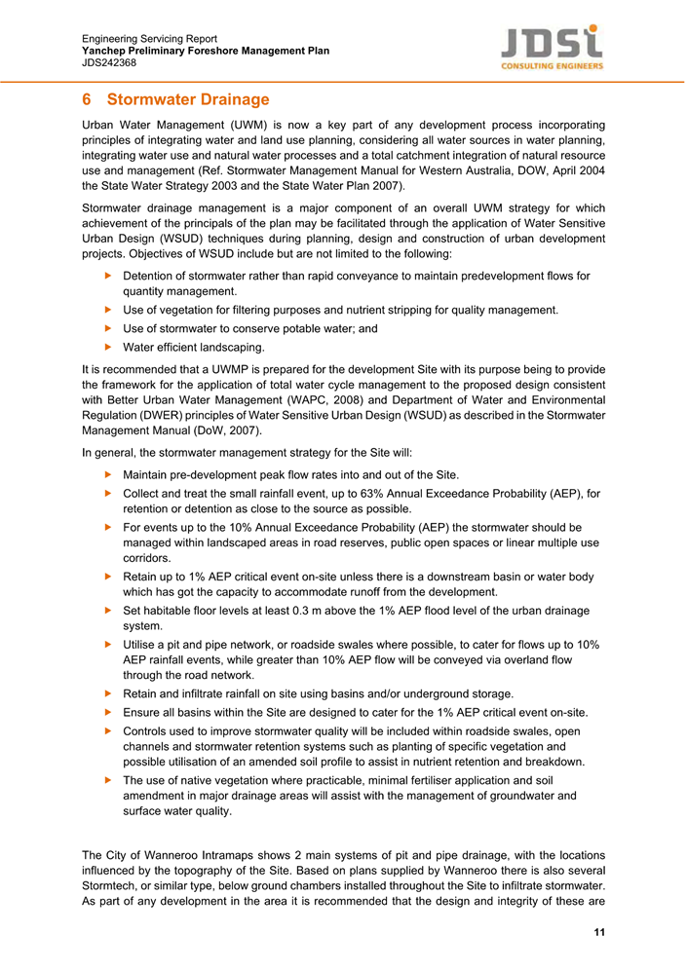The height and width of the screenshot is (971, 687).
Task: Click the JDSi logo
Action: pos(552,41)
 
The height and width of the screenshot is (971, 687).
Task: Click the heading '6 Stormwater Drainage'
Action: pos(175,99)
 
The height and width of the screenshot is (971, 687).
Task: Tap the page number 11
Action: pos(599,934)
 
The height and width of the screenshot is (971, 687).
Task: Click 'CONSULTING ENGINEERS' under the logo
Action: pos(552,66)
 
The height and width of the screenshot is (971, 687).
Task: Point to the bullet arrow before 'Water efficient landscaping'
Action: pos(107,347)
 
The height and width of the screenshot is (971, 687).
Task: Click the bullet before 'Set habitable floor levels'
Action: pos(107,611)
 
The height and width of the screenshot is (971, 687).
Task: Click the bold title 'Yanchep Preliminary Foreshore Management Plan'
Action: pos(206,51)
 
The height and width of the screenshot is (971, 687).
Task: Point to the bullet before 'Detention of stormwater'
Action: pos(107,276)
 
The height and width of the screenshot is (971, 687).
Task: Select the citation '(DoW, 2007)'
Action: pos(226,431)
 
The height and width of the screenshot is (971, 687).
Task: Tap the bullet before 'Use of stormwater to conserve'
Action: pos(107,328)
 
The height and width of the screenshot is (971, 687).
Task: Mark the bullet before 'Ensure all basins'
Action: pos(107,711)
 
